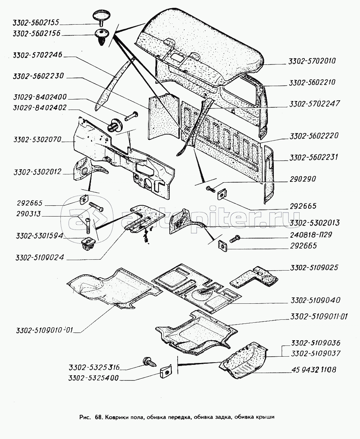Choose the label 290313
click(x=29, y=215)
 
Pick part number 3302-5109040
click(x=315, y=300)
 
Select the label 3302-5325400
click(x=93, y=378)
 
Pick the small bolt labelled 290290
click(x=211, y=189)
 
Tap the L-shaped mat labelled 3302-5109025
click(x=257, y=277)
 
